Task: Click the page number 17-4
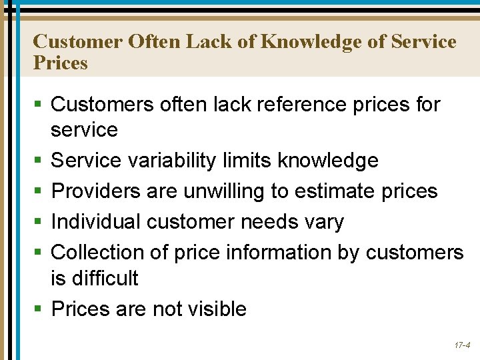tap(462, 346)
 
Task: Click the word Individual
tap(96, 222)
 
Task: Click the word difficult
tap(107, 278)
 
